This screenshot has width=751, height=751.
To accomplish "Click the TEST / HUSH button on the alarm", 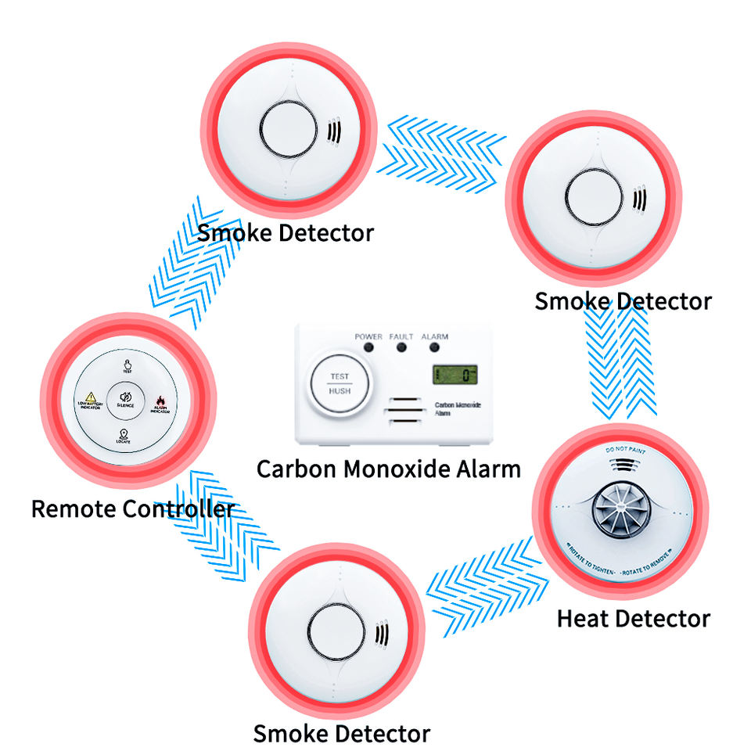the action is click(x=340, y=383).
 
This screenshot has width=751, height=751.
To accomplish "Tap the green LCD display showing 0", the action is click(x=455, y=375).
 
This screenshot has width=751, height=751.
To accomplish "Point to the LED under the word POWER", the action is click(x=368, y=347).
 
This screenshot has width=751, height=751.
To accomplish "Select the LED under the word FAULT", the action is click(x=401, y=347).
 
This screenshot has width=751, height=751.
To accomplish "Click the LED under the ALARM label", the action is click(x=434, y=347).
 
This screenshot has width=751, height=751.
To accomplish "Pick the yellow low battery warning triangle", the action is click(x=91, y=397).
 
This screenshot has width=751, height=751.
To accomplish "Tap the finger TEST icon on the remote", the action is click(x=126, y=365).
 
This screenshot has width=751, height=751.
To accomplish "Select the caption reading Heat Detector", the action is click(x=634, y=619).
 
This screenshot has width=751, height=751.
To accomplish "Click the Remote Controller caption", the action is click(x=133, y=508).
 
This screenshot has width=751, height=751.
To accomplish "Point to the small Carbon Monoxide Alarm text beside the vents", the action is click(x=458, y=410).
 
